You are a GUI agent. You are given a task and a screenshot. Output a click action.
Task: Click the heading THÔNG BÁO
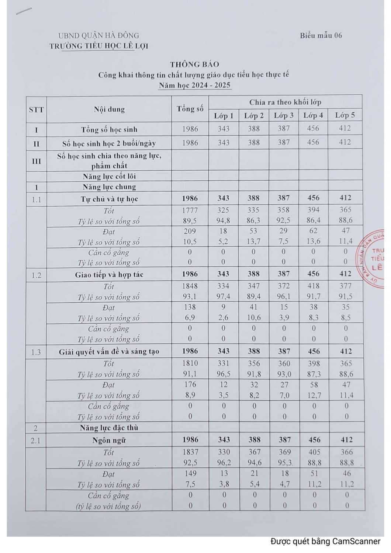tap(194, 64)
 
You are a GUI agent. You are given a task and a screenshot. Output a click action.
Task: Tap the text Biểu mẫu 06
tap(321, 35)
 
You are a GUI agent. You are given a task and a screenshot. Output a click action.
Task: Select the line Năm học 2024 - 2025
tap(194, 86)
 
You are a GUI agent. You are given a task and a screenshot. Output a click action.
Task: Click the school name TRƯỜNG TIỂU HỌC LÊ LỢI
tap(99, 46)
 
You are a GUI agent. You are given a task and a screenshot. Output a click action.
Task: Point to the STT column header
tap(36, 109)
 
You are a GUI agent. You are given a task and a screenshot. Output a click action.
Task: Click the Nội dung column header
tap(109, 109)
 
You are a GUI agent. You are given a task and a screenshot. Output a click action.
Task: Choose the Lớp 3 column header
tap(283, 115)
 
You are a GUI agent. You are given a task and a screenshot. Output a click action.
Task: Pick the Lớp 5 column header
tap(345, 115)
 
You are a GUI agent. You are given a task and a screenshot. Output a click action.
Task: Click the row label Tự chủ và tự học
tap(109, 199)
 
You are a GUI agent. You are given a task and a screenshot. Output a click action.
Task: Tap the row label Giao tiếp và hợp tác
tap(109, 275)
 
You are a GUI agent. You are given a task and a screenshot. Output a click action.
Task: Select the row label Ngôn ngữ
tap(109, 440)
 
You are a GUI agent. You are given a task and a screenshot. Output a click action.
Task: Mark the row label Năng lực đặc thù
tap(109, 428)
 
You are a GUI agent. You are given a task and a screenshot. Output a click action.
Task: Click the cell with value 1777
tap(190, 211)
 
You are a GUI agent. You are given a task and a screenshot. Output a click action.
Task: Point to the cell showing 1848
tap(190, 286)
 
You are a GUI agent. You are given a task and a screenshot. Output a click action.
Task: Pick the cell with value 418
tap(314, 286)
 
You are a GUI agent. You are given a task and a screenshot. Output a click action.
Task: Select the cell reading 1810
tap(190, 364)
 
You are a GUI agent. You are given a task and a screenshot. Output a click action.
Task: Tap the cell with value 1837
tap(190, 452)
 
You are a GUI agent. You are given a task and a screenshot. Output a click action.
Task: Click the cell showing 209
tap(190, 231)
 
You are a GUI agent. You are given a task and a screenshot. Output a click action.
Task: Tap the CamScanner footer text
tap(325, 541)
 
